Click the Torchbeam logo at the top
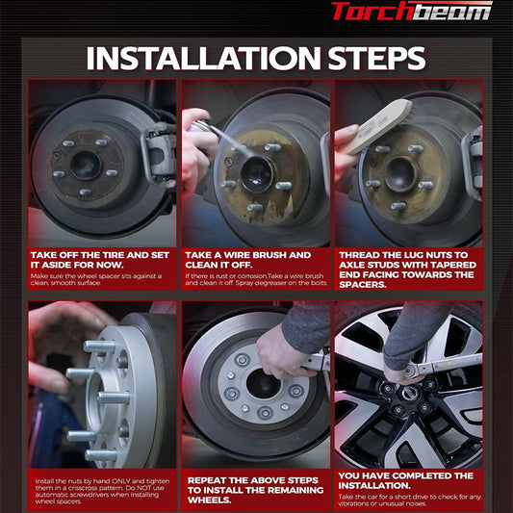(x=412, y=11)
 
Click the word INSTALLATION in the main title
(x=203, y=59)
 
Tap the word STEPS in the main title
(x=376, y=59)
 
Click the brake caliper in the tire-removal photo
(x=160, y=154)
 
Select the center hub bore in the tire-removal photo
(x=86, y=166)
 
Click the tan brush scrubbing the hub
(x=379, y=125)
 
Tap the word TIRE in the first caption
(x=113, y=255)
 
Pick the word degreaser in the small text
(x=273, y=283)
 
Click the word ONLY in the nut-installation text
(x=120, y=481)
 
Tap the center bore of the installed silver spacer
(x=263, y=383)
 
